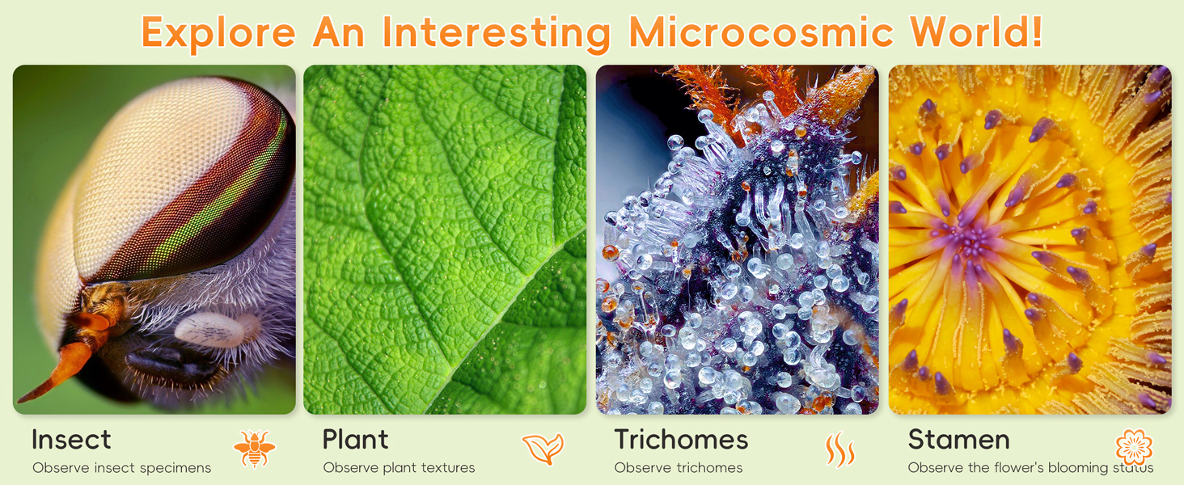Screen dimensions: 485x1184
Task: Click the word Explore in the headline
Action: point(218,32)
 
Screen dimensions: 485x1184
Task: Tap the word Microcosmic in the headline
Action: point(761,32)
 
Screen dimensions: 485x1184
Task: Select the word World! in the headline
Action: point(976,32)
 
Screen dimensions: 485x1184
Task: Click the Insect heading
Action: point(71,440)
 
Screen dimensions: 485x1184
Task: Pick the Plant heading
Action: point(355,440)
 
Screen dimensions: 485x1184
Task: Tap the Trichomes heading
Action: point(681,440)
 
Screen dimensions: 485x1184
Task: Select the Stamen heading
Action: point(958,440)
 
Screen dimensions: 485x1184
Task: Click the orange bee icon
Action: point(254,449)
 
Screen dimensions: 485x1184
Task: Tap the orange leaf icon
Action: point(543,449)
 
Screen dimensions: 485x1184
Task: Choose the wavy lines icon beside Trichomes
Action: point(840,449)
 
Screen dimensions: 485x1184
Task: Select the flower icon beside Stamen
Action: point(1134,447)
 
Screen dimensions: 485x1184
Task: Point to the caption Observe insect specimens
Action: point(121,468)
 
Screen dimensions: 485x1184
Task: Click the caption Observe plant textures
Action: point(399,468)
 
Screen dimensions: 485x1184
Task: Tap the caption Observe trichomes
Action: point(678,468)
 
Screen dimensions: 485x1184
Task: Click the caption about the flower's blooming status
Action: point(1030,468)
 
